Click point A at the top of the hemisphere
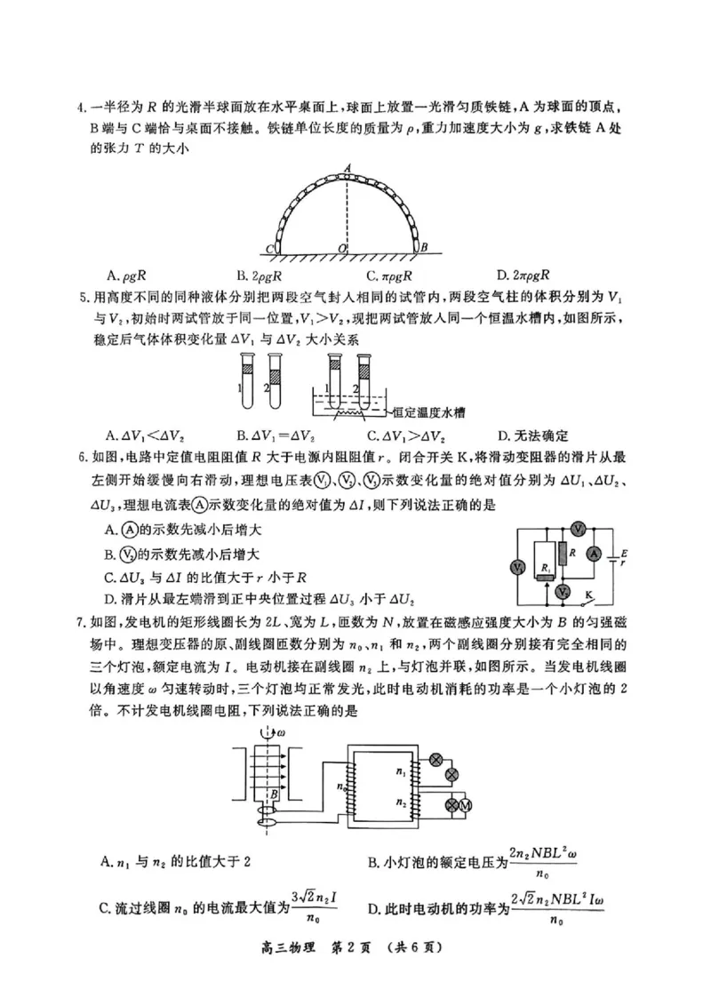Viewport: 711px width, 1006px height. pos(348,167)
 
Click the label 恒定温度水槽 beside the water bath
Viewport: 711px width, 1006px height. pos(429,411)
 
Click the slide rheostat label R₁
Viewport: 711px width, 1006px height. pos(545,566)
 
